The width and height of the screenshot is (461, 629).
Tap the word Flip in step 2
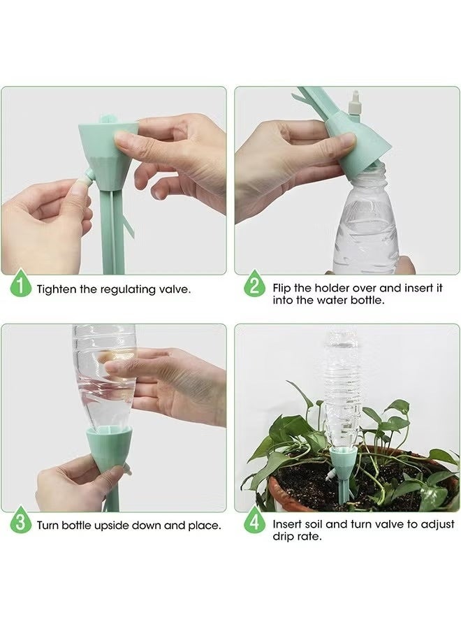tap(281, 288)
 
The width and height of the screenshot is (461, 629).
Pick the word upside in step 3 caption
tap(112, 526)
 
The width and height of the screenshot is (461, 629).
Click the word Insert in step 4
tap(287, 524)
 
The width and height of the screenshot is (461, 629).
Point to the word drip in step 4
tap(281, 536)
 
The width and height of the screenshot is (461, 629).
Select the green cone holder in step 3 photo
tap(109, 447)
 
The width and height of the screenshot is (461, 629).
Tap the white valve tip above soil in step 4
tap(330, 476)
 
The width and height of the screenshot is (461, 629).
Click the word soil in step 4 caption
tap(314, 524)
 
